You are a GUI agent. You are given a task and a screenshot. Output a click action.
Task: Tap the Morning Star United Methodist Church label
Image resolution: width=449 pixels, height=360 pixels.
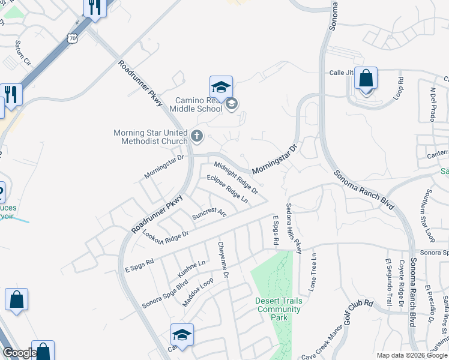[x=151, y=137]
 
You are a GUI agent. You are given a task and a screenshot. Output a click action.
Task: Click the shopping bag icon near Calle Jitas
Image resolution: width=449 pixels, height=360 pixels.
[x=366, y=79]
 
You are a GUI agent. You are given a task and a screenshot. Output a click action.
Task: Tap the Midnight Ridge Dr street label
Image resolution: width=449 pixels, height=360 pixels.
[x=236, y=178]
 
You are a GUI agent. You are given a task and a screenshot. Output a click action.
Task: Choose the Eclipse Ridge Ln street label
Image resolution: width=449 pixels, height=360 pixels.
[x=228, y=188]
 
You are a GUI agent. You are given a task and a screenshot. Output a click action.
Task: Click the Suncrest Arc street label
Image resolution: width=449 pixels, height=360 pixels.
[x=209, y=213]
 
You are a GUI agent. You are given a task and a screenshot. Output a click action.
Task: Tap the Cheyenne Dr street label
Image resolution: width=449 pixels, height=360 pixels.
[x=223, y=260]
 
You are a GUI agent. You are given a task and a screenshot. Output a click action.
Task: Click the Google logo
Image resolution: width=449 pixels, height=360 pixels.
[x=19, y=353]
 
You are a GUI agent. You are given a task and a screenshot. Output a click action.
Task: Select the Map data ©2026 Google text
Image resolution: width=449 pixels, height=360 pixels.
[x=411, y=355]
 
